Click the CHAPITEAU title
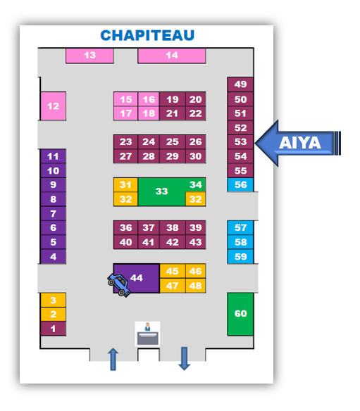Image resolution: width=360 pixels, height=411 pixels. click(x=147, y=35)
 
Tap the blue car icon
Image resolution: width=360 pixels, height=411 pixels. click(x=119, y=284)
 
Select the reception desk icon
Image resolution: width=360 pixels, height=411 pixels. click(x=147, y=334)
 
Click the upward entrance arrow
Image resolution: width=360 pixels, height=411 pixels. click(x=113, y=359)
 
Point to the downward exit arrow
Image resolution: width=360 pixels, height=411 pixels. click(x=184, y=359)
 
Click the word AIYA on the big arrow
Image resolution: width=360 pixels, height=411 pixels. click(x=300, y=143)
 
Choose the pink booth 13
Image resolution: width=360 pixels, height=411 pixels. click(x=89, y=56)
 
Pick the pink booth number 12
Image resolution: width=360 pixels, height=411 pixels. click(x=54, y=106)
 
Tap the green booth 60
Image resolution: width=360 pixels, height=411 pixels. click(x=240, y=314)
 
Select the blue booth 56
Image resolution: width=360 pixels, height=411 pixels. click(x=240, y=185)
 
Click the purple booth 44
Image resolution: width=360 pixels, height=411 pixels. click(x=137, y=278)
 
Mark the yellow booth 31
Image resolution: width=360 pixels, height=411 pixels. click(x=125, y=185)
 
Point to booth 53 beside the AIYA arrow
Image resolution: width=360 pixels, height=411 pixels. click(x=240, y=141)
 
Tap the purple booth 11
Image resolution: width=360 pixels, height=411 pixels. click(x=54, y=156)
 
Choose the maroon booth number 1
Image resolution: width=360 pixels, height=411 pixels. click(x=54, y=329)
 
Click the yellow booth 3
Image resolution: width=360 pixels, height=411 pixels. click(x=54, y=300)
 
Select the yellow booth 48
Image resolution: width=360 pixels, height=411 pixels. click(x=195, y=286)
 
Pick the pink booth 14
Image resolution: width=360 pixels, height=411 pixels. click(x=172, y=56)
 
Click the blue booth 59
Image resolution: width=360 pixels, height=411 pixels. click(x=240, y=256)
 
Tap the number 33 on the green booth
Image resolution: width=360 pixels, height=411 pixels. click(x=161, y=191)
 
